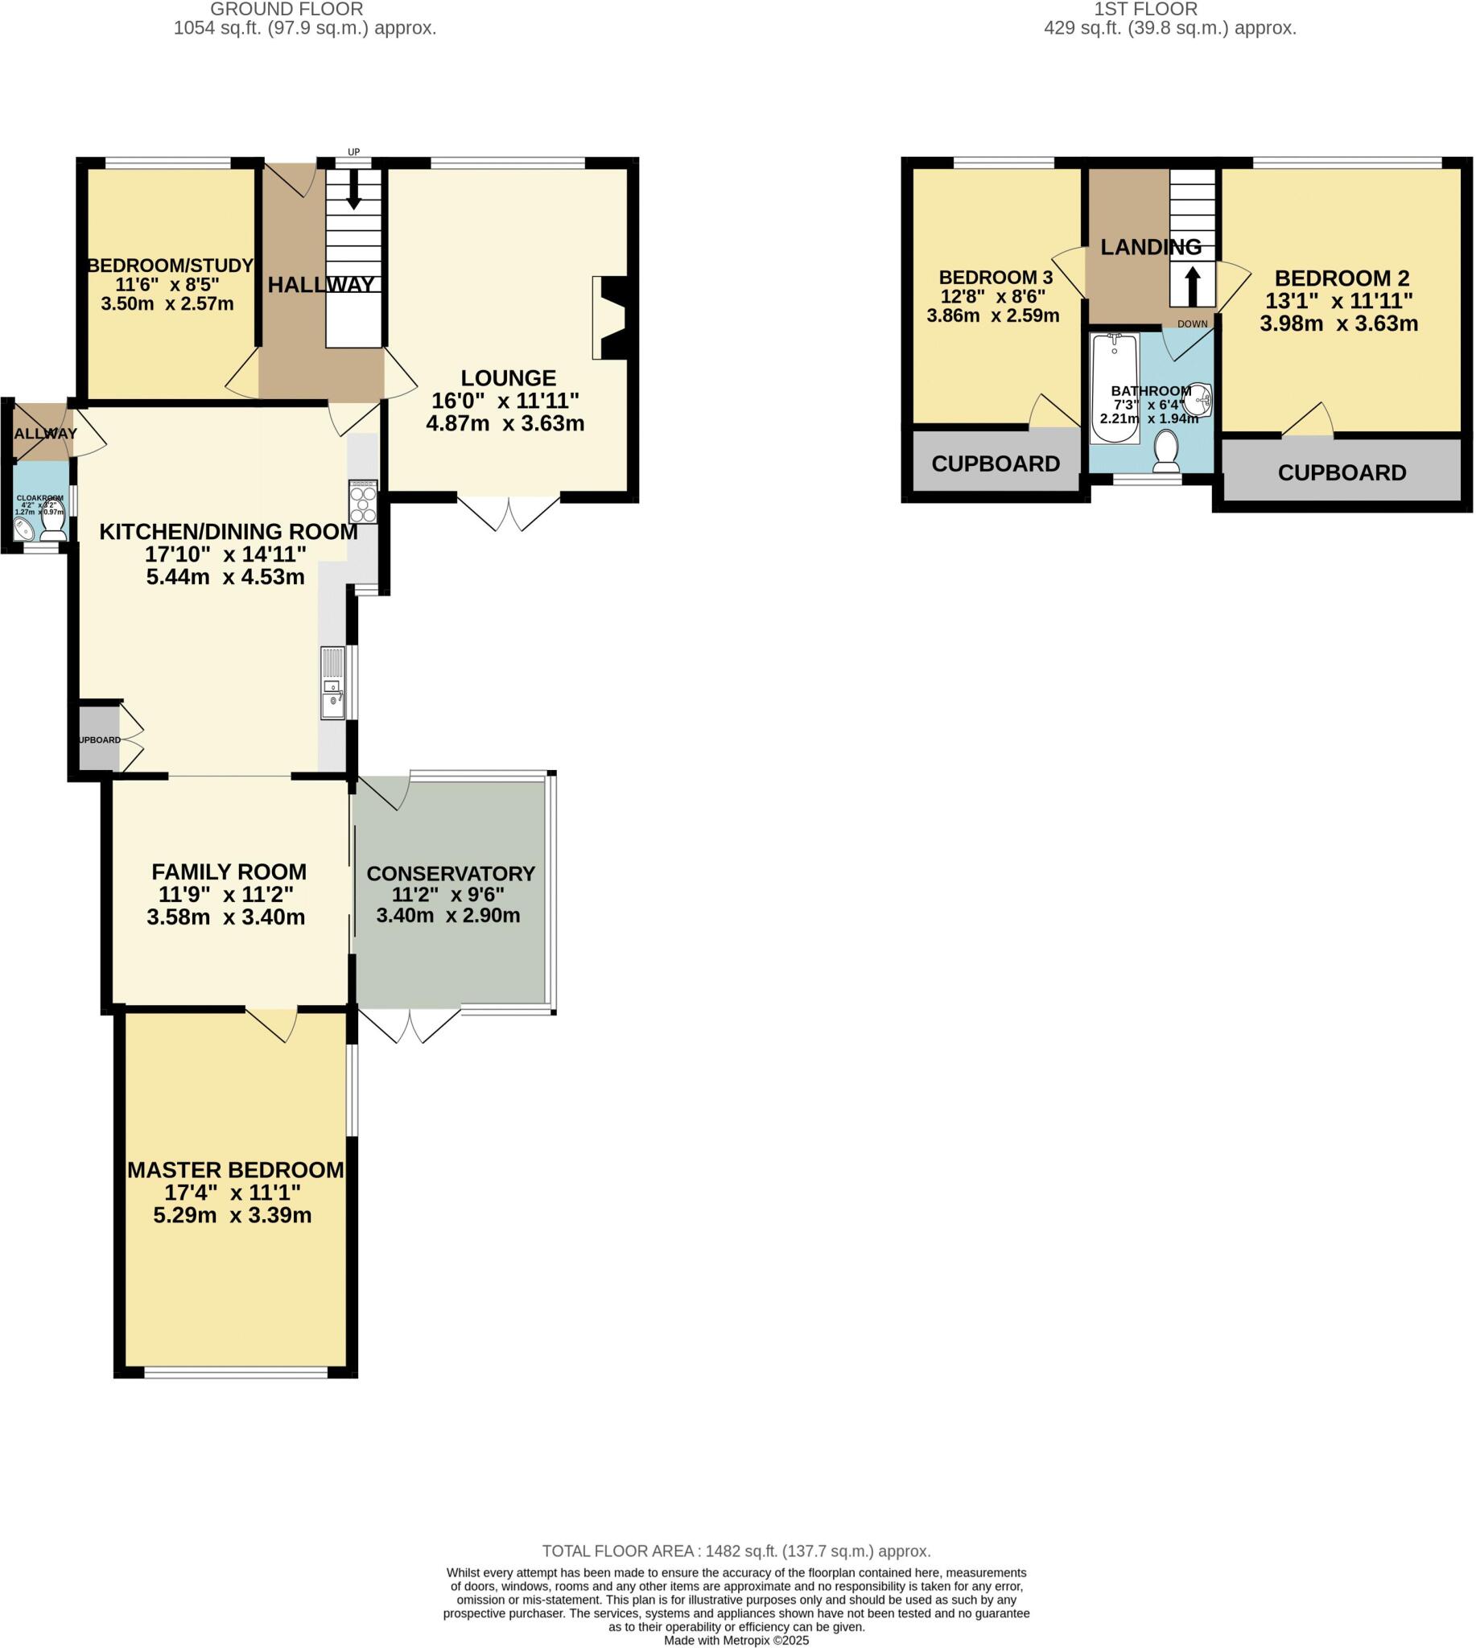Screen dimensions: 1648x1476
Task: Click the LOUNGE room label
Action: pos(509,378)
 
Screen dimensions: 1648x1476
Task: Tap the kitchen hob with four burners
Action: pos(362,502)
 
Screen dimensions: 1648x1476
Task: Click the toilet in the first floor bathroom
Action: pos(1166,451)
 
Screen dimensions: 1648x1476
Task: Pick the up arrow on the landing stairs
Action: pos(1192,286)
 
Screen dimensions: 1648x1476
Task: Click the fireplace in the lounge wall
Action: pos(610,318)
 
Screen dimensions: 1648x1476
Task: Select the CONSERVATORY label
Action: pos(450,874)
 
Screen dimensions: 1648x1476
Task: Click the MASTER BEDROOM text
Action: pos(235,1170)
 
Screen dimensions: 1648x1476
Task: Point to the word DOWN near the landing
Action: pos(1192,324)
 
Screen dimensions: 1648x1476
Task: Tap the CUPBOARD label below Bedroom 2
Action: pos(1342,473)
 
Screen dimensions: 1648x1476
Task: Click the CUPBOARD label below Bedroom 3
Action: pos(995,464)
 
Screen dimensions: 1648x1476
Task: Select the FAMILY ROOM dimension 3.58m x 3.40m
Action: pos(225,917)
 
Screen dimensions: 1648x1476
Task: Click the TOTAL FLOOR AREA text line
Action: pos(736,1551)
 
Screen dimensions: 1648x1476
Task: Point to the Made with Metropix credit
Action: pos(736,1640)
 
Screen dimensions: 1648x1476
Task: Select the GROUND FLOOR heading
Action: pos(287,10)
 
